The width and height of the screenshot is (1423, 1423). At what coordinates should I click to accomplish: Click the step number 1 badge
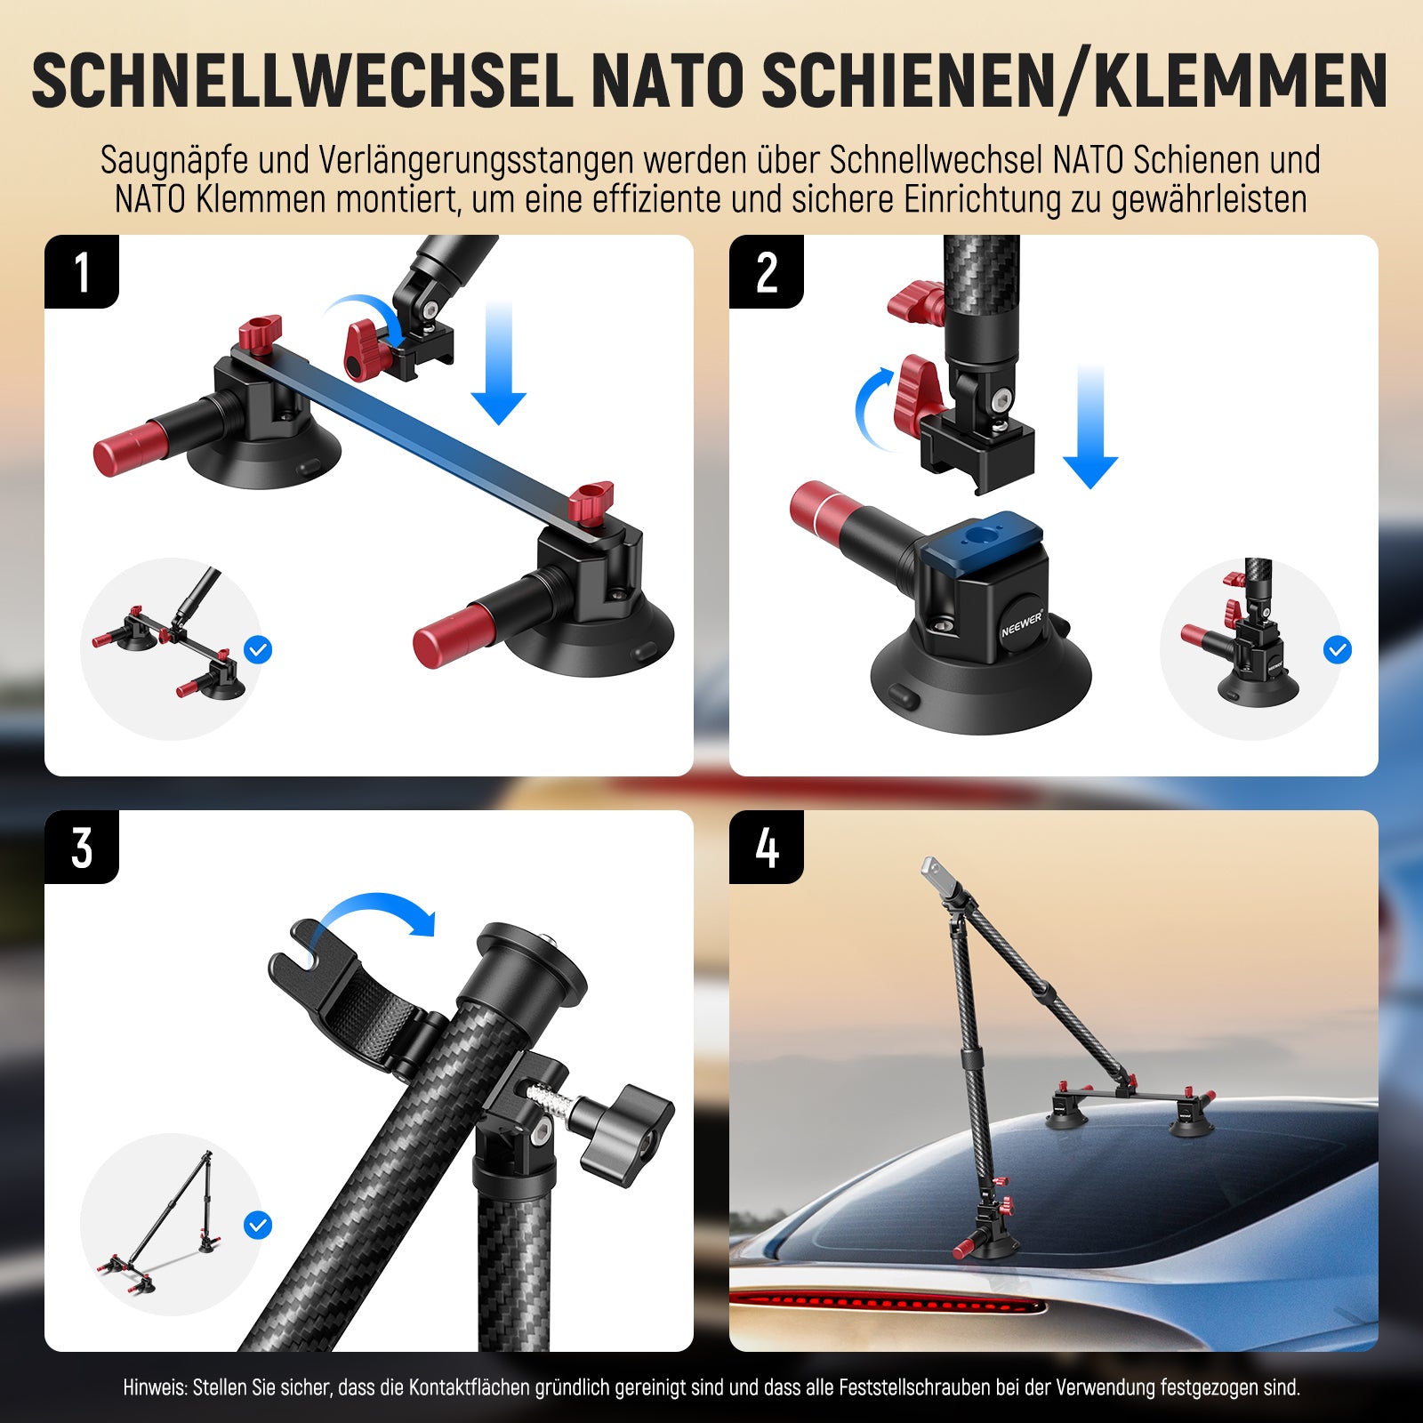click(82, 271)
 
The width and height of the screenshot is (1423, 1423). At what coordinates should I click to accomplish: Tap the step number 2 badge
click(767, 271)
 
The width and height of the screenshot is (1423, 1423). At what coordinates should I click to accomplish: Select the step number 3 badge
click(82, 847)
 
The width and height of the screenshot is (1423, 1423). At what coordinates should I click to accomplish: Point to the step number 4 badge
click(767, 847)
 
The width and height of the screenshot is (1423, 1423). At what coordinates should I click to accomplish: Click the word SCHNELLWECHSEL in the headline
click(302, 82)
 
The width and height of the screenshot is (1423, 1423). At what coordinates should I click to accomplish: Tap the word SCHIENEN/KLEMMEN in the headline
click(1074, 82)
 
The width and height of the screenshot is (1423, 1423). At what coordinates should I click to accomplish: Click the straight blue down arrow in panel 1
click(499, 362)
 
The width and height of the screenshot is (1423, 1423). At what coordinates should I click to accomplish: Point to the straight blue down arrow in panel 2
click(1090, 426)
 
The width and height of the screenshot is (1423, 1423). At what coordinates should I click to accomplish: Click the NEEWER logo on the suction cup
click(1022, 623)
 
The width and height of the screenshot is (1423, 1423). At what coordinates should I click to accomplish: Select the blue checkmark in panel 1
click(258, 650)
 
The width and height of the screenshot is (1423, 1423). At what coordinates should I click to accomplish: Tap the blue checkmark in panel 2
click(1338, 650)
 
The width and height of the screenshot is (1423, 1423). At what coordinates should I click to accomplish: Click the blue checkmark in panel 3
click(258, 1226)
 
